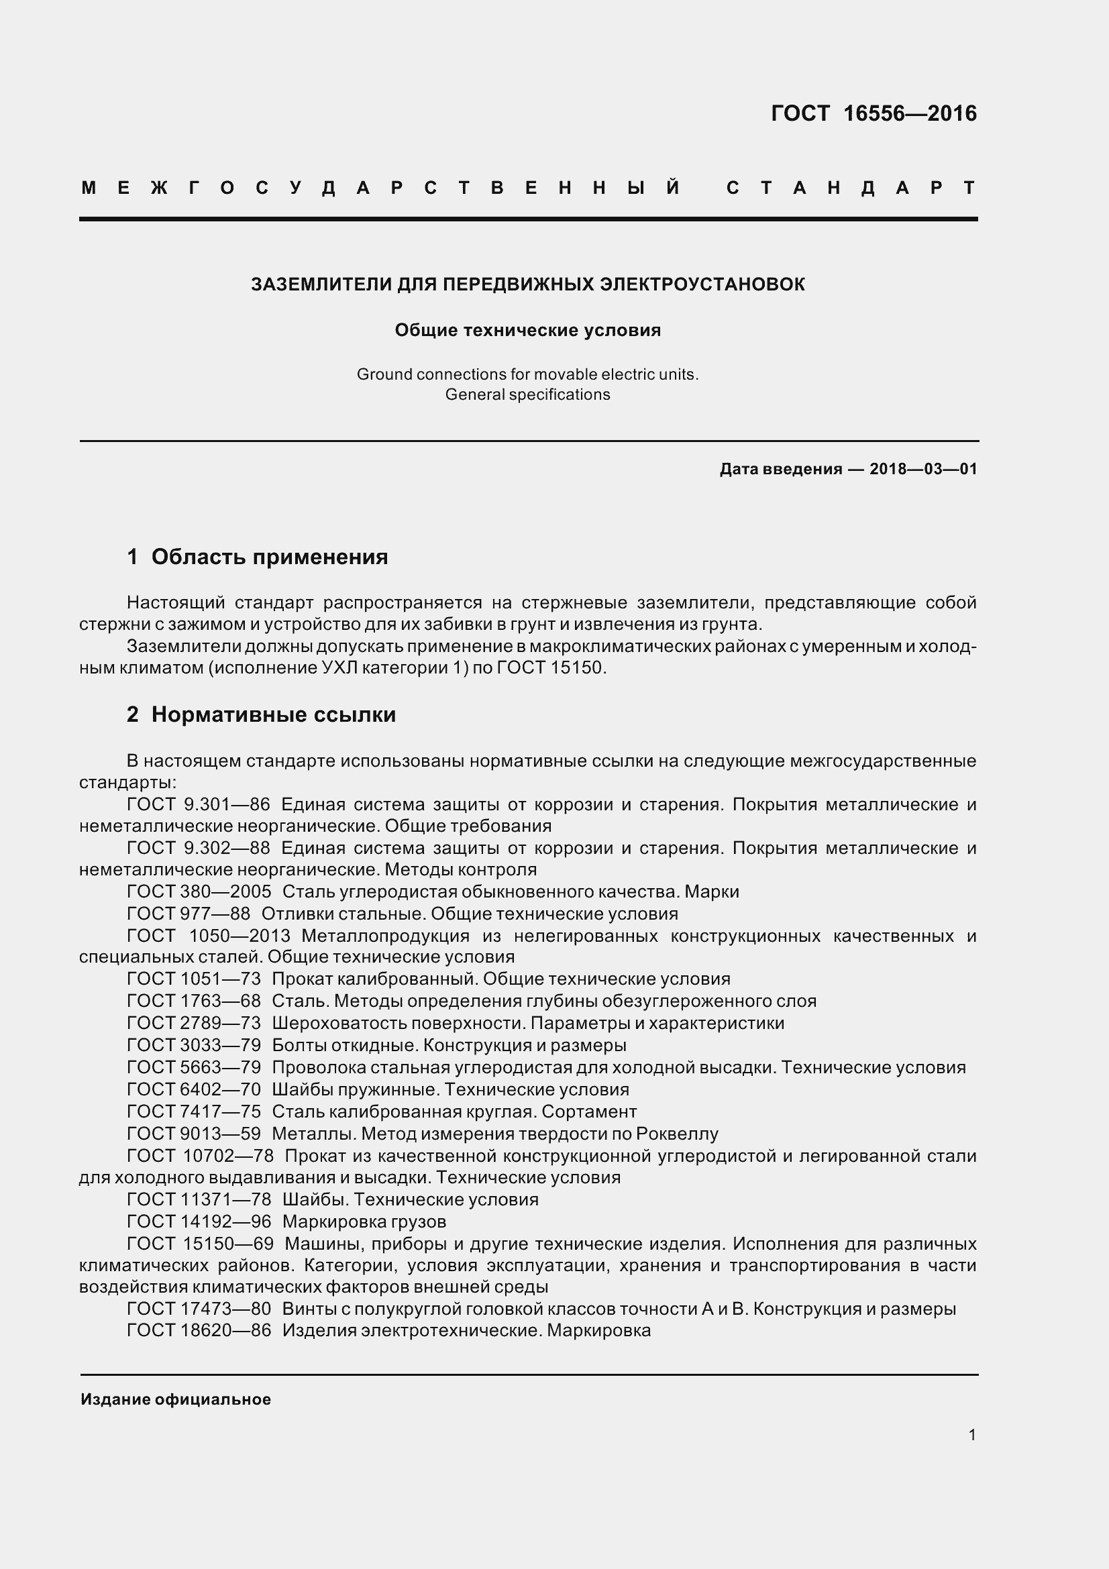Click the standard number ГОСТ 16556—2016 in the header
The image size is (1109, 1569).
coord(874,113)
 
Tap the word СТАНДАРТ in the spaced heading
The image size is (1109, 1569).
coord(851,188)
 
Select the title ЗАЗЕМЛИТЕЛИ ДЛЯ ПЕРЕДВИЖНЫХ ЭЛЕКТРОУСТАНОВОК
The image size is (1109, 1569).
coord(527,284)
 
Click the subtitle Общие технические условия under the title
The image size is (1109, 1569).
coord(527,331)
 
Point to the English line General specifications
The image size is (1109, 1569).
coord(527,395)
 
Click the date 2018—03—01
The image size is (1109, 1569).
coord(923,469)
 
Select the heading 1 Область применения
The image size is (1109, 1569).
coord(258,557)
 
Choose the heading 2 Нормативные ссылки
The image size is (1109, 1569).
coord(261,715)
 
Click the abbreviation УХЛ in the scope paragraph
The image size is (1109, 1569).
coord(339,667)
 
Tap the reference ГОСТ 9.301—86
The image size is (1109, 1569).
coord(198,804)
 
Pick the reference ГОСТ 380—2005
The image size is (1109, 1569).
coord(199,891)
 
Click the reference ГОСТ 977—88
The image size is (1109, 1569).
coord(189,914)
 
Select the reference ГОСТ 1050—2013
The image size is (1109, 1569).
coord(209,936)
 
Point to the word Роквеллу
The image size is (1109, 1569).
coord(676,1134)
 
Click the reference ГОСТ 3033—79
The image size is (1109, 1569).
coord(194,1046)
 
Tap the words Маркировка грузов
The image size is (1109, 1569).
coord(364,1221)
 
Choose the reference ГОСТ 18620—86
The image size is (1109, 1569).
coord(199,1330)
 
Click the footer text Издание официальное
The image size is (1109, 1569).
coord(176,1399)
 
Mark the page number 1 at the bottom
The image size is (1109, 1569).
coord(971,1435)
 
